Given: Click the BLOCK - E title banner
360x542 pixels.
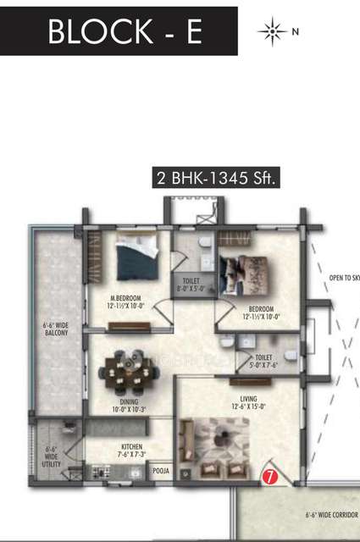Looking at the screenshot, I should coord(119,31).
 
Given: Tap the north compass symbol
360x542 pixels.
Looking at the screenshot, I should coord(273,32).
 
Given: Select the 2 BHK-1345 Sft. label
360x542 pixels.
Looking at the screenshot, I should coord(216,179).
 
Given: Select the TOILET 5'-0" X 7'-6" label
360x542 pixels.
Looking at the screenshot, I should coord(269,362).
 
